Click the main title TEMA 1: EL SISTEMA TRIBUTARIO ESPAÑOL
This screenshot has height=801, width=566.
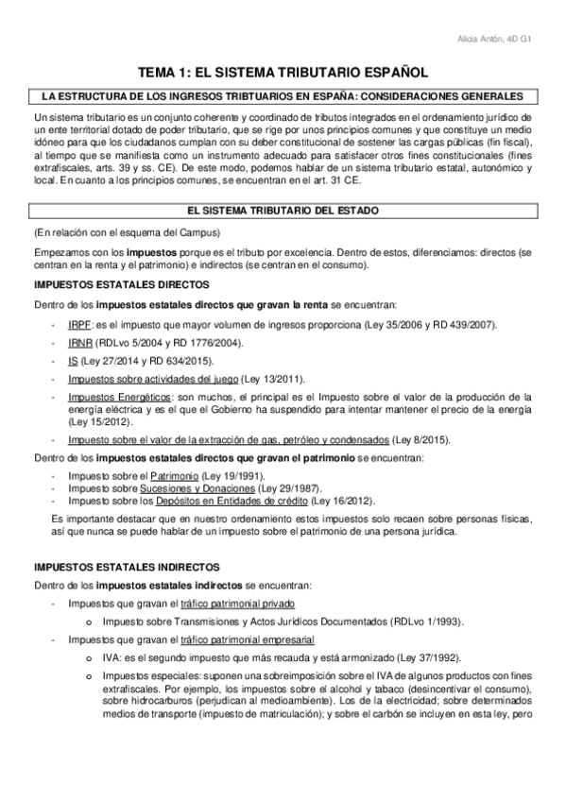pos(283,72)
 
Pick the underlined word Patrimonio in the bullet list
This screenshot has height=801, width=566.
pos(176,475)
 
